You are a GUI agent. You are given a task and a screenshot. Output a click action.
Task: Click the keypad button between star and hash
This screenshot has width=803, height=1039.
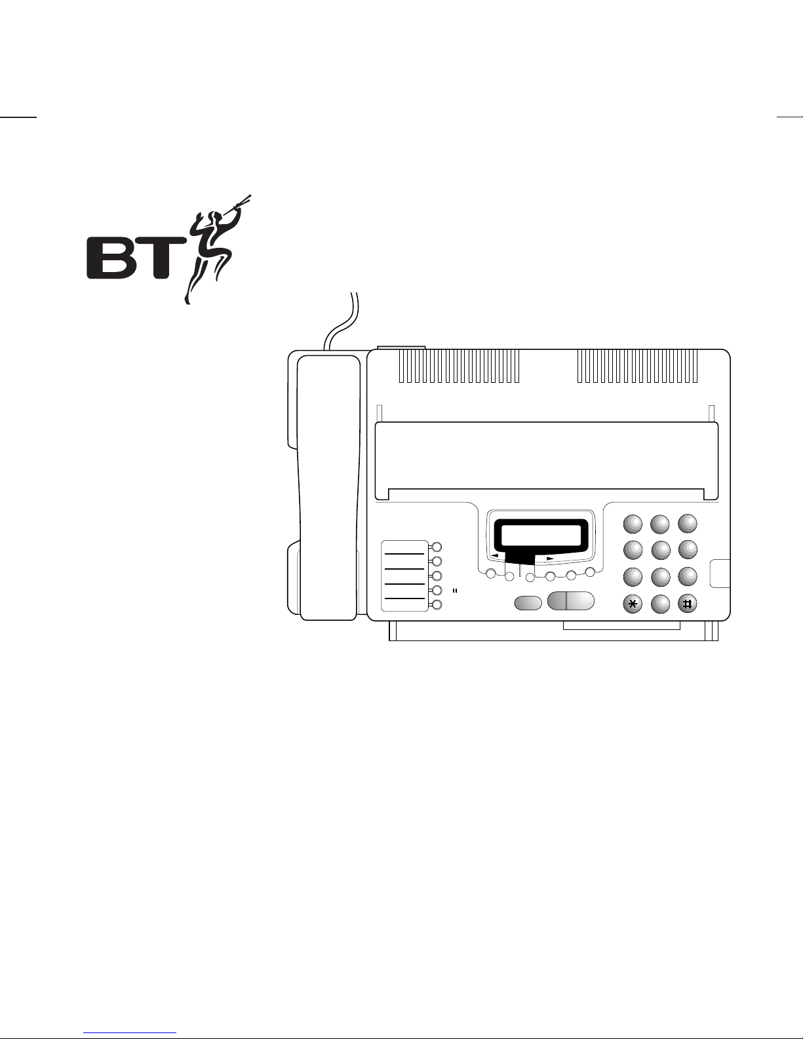click(x=660, y=604)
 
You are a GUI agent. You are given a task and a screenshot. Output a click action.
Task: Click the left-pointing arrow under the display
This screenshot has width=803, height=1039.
click(x=496, y=555)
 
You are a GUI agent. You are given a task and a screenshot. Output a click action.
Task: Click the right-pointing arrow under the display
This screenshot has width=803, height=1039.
click(x=550, y=559)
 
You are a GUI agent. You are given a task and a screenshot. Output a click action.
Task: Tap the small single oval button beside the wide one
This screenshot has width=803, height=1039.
click(x=528, y=602)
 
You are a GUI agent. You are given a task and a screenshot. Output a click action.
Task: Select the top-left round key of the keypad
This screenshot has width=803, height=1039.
click(x=633, y=523)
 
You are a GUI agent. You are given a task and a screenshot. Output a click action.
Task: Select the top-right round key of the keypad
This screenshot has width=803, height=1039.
click(x=687, y=523)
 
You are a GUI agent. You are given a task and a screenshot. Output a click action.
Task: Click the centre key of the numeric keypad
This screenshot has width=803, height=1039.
click(x=660, y=549)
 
